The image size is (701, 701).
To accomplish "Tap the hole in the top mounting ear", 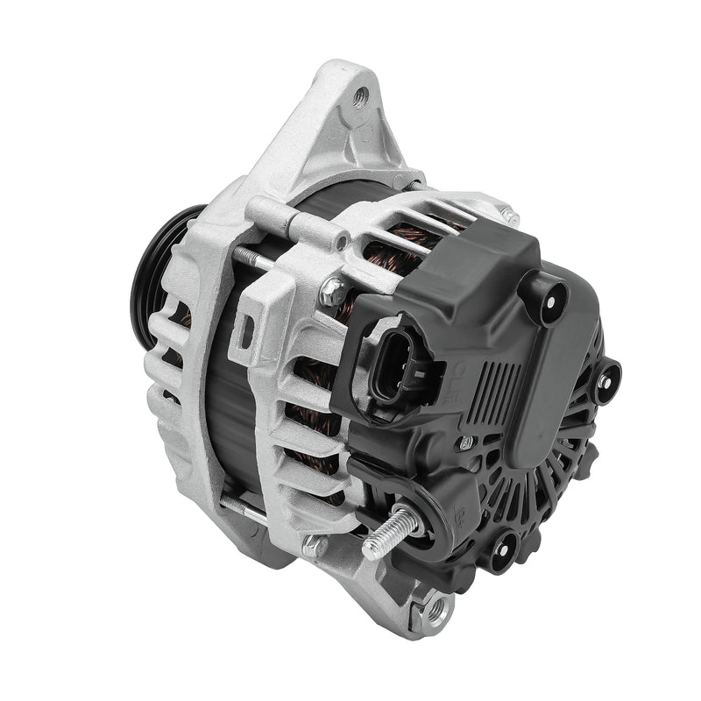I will click(x=359, y=97).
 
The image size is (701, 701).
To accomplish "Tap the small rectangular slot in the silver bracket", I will click(x=249, y=328).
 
